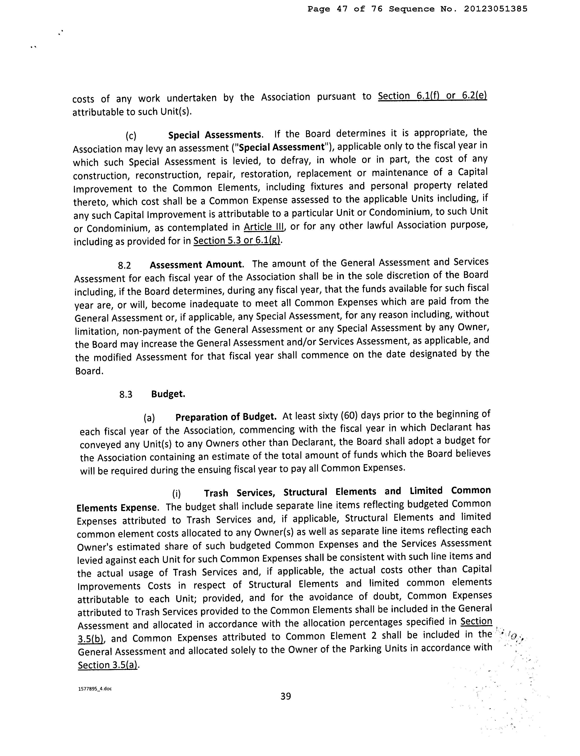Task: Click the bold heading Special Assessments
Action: [x=215, y=135]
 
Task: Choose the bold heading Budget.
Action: [x=168, y=394]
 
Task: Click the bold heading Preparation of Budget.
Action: [x=226, y=417]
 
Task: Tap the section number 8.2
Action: [x=125, y=266]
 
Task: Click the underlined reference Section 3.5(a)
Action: [x=108, y=665]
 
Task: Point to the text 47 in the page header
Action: [x=342, y=9]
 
